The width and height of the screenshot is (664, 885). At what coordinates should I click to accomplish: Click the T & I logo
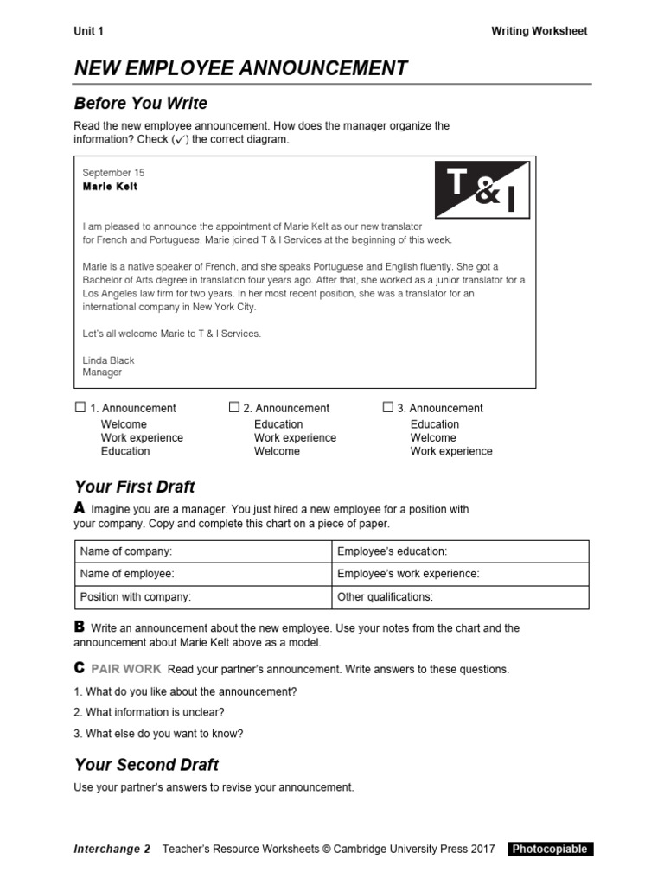(x=482, y=188)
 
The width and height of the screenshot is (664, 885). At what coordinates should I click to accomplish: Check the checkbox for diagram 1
(x=80, y=407)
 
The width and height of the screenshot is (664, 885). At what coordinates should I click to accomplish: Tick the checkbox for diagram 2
(x=234, y=407)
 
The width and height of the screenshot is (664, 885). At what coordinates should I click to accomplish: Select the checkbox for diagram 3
(x=388, y=407)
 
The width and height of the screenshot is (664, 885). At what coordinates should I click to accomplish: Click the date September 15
(x=113, y=173)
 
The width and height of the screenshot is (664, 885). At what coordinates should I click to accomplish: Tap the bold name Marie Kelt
(x=110, y=187)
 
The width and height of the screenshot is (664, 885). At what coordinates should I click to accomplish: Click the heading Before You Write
(x=141, y=104)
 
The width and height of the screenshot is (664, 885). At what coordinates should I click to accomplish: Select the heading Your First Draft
(x=135, y=487)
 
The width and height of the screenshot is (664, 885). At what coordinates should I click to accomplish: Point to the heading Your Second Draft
(x=146, y=765)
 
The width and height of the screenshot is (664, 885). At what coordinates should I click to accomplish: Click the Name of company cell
(x=202, y=551)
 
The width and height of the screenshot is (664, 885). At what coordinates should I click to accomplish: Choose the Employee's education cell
(x=459, y=551)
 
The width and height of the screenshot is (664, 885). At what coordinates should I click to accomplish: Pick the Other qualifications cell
(x=459, y=596)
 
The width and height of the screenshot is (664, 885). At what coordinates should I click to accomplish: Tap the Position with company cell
(x=202, y=596)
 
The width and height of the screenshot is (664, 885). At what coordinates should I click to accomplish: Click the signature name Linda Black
(x=109, y=360)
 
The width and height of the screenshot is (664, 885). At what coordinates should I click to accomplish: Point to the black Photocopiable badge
(x=550, y=849)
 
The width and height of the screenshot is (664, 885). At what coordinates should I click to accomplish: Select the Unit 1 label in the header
(x=88, y=31)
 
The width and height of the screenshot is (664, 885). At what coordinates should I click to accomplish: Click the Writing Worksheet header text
(x=539, y=31)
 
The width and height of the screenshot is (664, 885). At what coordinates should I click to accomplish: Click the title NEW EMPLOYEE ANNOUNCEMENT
(x=241, y=68)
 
